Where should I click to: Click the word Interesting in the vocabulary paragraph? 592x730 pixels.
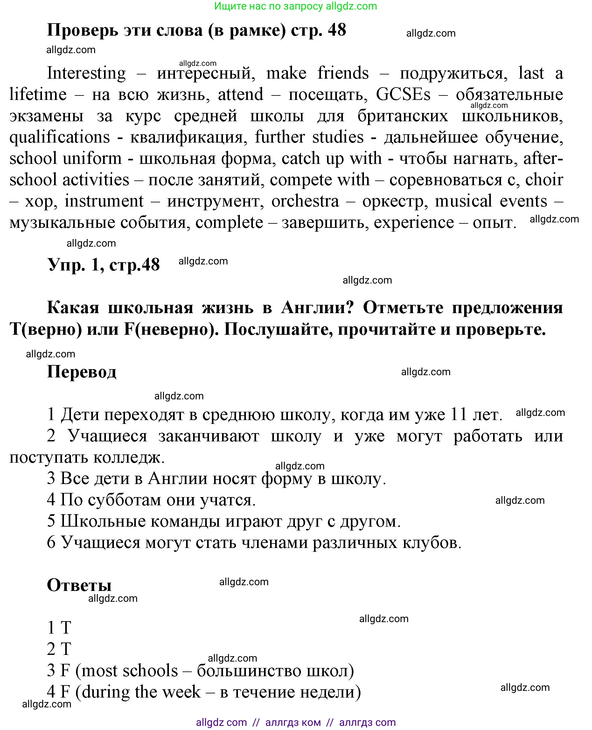(x=86, y=73)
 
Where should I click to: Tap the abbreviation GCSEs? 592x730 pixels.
(x=403, y=95)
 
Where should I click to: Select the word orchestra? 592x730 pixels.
(x=305, y=201)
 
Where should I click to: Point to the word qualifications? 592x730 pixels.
(x=60, y=137)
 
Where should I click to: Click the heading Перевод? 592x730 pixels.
(x=81, y=371)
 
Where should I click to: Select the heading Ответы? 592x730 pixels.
(x=79, y=585)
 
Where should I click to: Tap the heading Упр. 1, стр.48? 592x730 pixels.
(x=103, y=265)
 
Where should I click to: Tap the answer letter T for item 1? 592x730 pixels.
(x=66, y=628)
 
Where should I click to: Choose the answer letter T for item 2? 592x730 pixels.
(x=66, y=649)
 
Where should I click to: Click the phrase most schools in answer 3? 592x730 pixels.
(x=129, y=670)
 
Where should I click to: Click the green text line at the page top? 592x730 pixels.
(x=295, y=6)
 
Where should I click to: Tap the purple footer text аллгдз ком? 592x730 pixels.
(x=293, y=722)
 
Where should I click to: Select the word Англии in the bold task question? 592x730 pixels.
(x=317, y=308)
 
